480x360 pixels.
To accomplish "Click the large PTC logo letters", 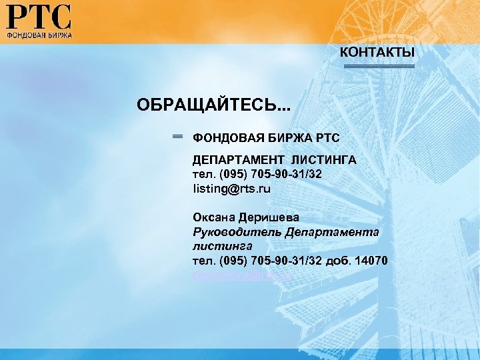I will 39,15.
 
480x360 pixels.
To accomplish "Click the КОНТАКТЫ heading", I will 377,52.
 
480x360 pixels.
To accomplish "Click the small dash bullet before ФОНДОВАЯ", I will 178,137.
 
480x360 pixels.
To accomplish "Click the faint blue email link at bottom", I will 243,274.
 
